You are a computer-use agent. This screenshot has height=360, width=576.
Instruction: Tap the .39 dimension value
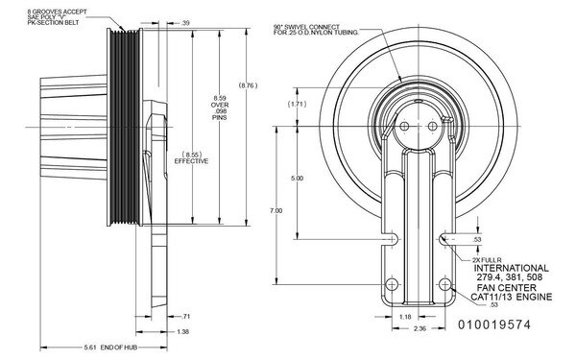pyautogui.click(x=186, y=23)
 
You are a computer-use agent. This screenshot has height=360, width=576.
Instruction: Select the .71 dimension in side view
pyautogui.click(x=186, y=316)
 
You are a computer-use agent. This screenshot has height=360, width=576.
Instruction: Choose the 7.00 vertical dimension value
pyautogui.click(x=276, y=209)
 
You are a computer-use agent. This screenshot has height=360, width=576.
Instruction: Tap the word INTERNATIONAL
pyautogui.click(x=511, y=268)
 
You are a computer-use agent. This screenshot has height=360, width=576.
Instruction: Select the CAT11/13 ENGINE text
pyautogui.click(x=511, y=297)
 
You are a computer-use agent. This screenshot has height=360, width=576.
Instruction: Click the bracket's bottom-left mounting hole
pyautogui.click(x=391, y=284)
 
